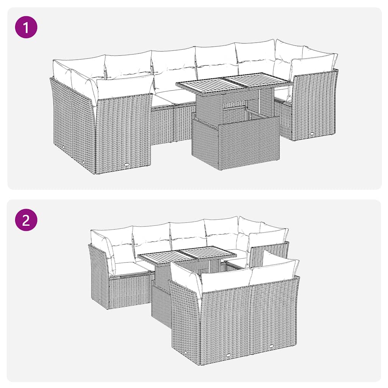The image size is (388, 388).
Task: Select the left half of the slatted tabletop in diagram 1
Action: pyautogui.click(x=202, y=84)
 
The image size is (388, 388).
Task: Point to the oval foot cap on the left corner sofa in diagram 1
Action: pyautogui.click(x=126, y=165)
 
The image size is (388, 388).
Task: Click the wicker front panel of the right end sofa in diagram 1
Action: pyautogui.click(x=314, y=106)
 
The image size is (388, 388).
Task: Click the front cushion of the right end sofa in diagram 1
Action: pyautogui.click(x=313, y=64)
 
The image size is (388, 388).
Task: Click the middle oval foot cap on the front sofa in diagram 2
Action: pyautogui.click(x=228, y=355)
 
